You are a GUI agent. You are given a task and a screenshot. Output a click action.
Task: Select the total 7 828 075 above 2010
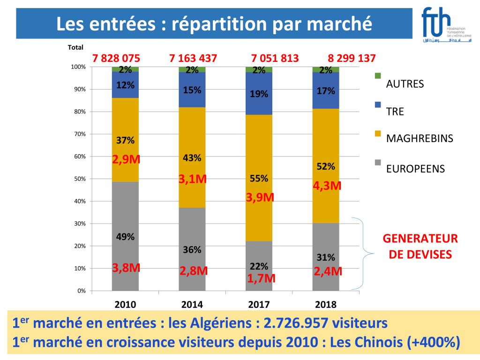pos(116,59)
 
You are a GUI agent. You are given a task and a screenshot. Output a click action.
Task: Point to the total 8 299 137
pos(352,59)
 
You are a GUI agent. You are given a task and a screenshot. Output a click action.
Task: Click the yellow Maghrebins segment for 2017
pos(259,220)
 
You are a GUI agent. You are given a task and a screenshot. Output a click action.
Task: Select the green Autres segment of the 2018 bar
pos(326,70)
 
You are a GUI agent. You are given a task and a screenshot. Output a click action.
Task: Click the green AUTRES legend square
pos(378,76)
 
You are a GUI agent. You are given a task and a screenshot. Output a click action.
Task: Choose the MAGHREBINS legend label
pos(420,139)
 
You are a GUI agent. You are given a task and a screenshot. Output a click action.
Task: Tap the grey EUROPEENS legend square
pos(378,162)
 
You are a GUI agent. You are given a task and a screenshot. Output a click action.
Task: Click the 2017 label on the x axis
pos(259,305)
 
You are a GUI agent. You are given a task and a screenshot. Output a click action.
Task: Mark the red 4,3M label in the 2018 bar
pos(327,186)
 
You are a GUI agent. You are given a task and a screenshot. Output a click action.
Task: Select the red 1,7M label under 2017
pos(261,279)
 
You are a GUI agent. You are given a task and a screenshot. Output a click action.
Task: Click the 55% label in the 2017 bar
pos(259,179)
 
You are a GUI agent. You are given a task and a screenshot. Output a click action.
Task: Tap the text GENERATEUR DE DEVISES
pos(420,247)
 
